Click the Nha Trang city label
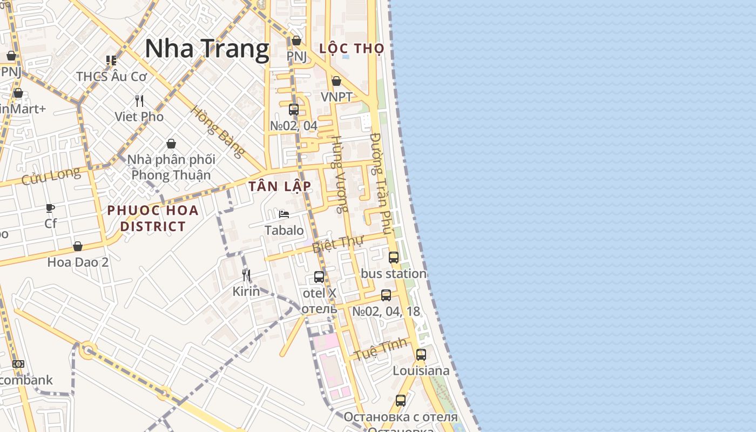click(x=207, y=49)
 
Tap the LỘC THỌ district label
click(x=352, y=49)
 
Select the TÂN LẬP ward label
click(x=280, y=186)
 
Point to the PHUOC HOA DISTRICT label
click(x=153, y=218)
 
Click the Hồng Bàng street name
click(x=217, y=131)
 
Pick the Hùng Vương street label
click(x=339, y=174)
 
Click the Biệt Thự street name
click(x=338, y=244)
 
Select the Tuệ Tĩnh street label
click(x=381, y=349)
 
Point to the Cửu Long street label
click(x=51, y=176)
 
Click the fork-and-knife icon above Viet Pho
click(x=139, y=101)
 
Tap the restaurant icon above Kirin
click(x=246, y=276)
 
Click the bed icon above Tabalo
click(x=283, y=214)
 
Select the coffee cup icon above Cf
click(x=50, y=208)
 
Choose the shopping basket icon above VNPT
click(x=336, y=82)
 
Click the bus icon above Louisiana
click(x=421, y=355)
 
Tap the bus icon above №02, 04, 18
click(x=386, y=295)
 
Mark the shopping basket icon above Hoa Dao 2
click(x=78, y=247)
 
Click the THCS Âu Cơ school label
click(x=111, y=76)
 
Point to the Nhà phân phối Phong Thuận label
click(x=171, y=167)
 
